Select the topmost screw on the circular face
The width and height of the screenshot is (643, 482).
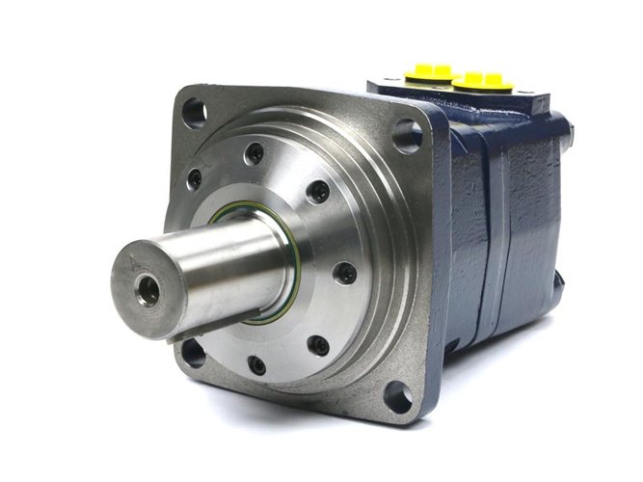click(x=255, y=153)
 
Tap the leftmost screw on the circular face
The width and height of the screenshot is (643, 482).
click(x=195, y=179)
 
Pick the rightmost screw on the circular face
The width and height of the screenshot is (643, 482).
click(x=344, y=274)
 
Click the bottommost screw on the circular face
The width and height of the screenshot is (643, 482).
click(x=256, y=364)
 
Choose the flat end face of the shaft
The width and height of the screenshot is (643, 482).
click(x=147, y=280)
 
